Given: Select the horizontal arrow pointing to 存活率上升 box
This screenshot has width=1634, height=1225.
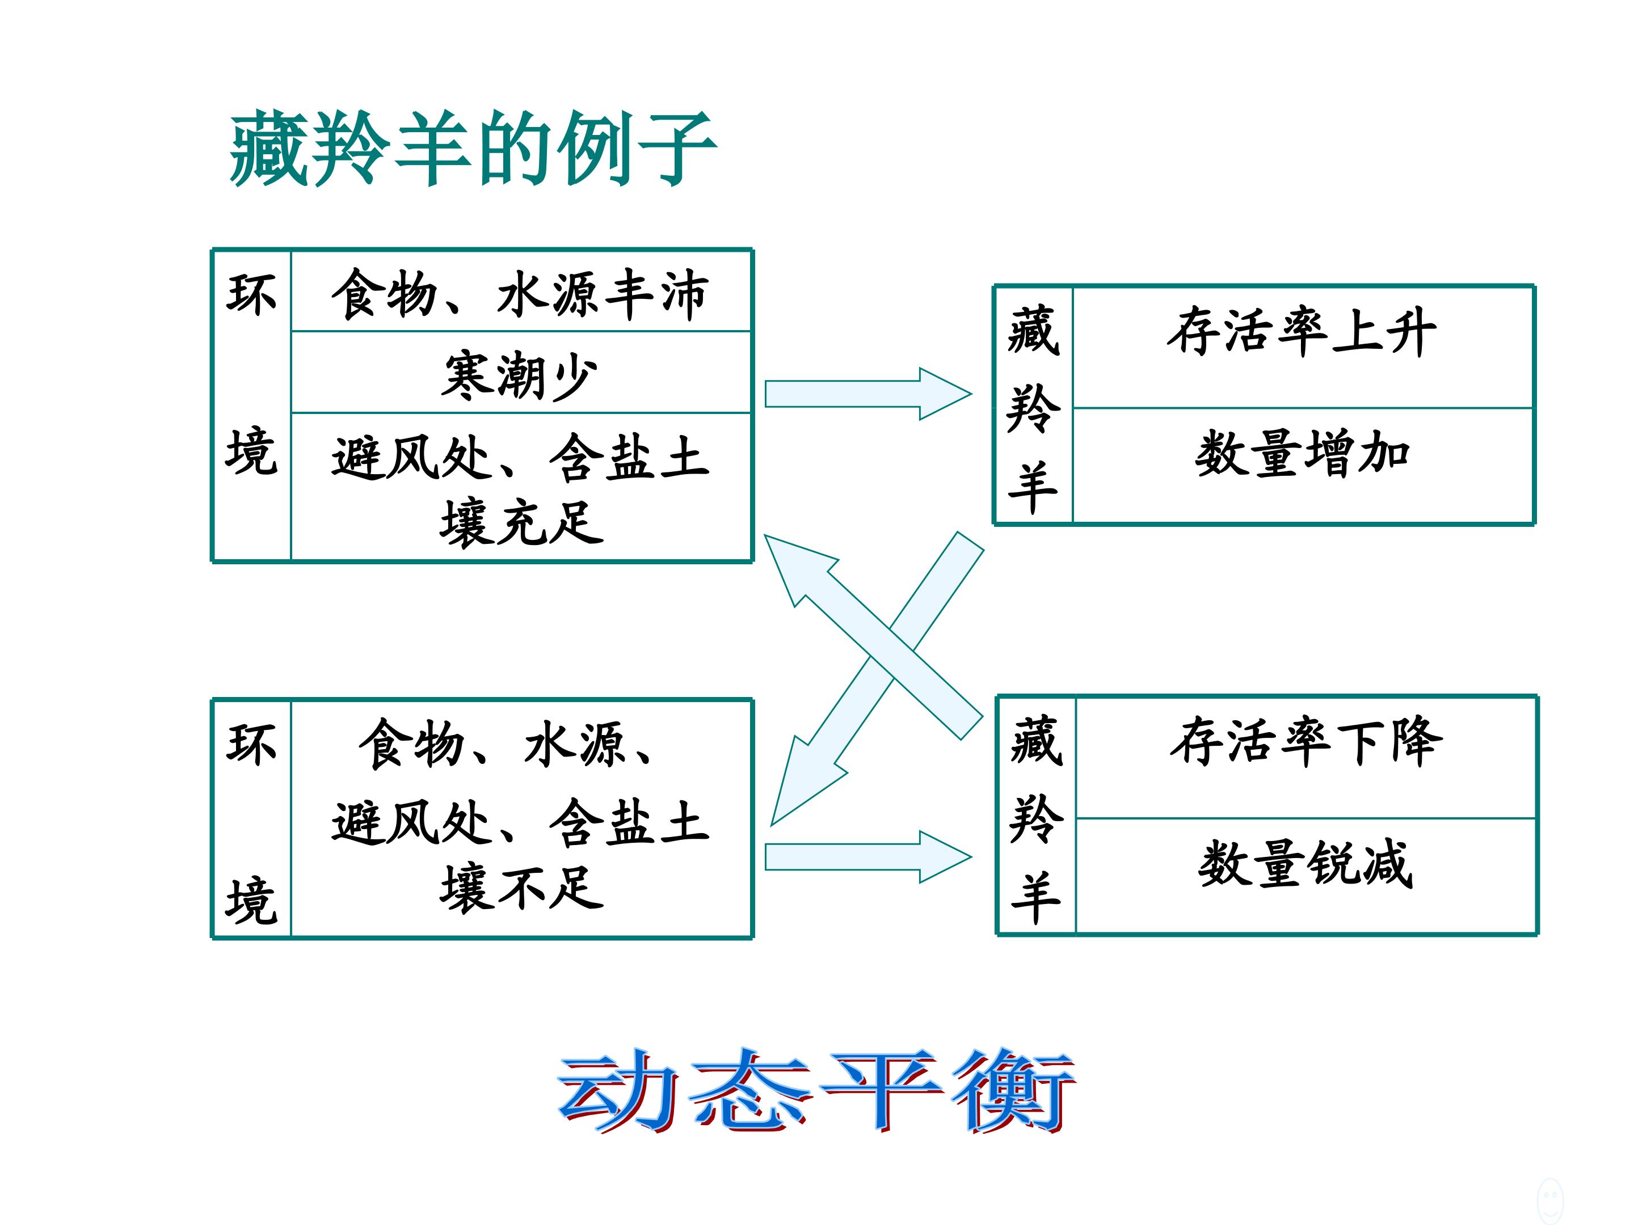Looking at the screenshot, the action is click(x=868, y=394).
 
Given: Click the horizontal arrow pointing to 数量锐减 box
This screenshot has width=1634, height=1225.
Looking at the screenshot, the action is click(x=868, y=856).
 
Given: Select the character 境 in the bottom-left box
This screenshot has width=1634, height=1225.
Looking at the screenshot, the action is click(x=252, y=900).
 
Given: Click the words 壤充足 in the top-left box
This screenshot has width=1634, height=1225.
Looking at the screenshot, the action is click(x=521, y=523).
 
